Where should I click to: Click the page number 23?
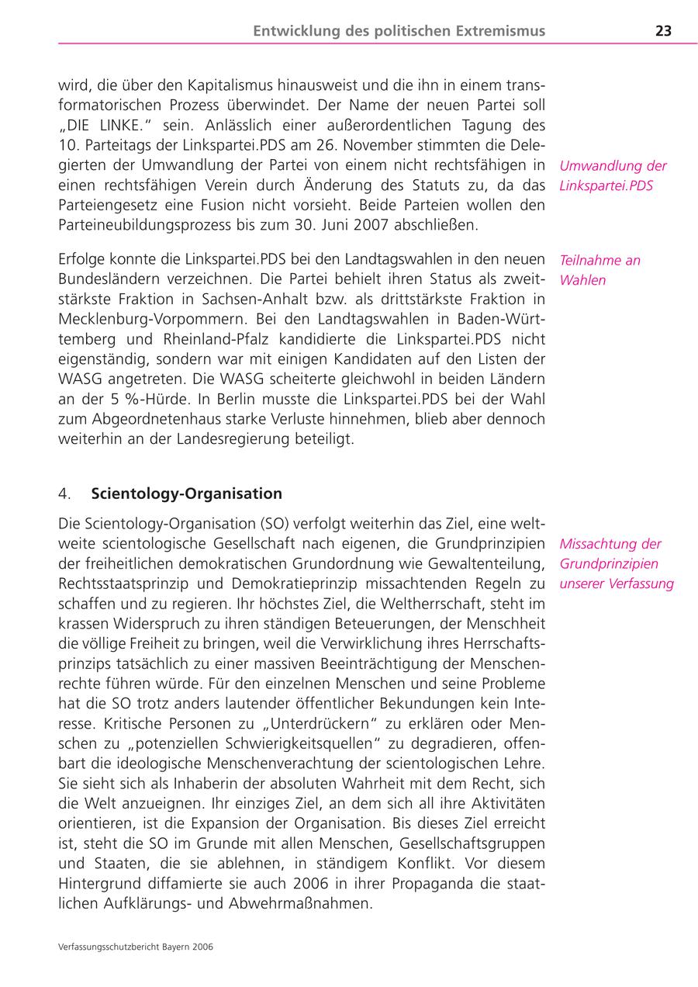click(x=663, y=31)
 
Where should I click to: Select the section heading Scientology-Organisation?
click(x=186, y=493)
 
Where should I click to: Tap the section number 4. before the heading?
click(x=65, y=493)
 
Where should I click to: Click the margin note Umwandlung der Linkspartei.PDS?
click(x=613, y=175)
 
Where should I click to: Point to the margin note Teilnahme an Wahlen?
click(x=600, y=270)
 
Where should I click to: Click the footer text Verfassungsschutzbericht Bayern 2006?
click(x=136, y=947)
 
